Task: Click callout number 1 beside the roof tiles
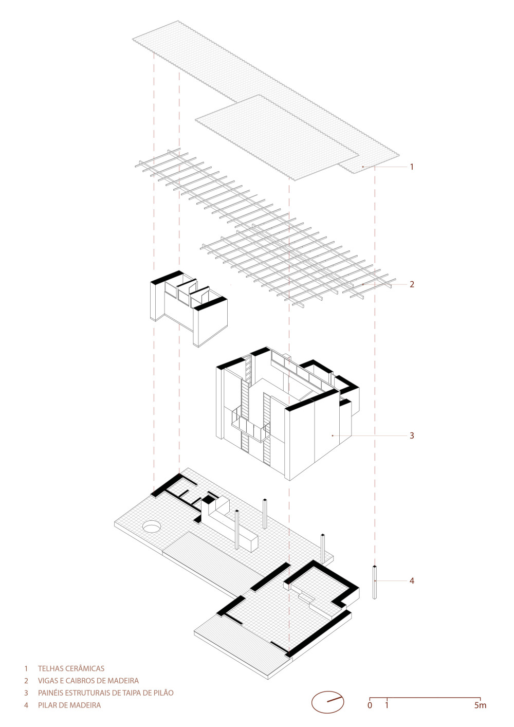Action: point(412,167)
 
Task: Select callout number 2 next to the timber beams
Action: point(412,284)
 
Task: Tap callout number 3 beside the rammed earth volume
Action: point(412,435)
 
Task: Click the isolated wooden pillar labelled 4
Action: point(375,582)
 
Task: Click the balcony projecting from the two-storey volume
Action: point(250,428)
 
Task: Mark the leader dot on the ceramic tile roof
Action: point(363,167)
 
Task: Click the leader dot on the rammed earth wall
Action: point(333,435)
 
